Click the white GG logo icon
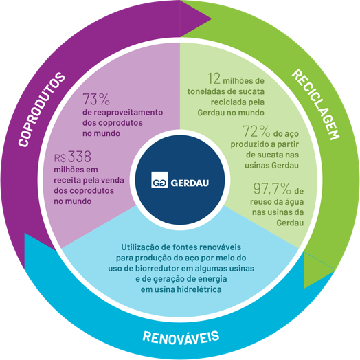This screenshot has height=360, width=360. coord(159,180)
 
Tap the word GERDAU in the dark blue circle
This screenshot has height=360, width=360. coord(190,183)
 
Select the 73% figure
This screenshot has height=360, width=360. coord(96,99)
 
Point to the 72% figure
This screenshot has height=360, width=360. coord(256,131)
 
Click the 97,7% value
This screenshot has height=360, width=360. coord(272,188)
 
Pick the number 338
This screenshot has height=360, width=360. coord(80,157)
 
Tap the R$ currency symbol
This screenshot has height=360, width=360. coord(60,158)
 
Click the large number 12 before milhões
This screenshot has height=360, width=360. coord(214,78)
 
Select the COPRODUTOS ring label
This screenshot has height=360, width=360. coord(42,109)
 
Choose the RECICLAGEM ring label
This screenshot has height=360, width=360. coord(315,104)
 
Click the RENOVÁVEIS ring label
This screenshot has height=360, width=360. coord(181,337)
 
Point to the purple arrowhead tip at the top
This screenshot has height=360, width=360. coord(211,19)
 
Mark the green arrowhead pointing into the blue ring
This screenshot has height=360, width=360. coord(319,270)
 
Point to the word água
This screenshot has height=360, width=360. coord(294,202)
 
